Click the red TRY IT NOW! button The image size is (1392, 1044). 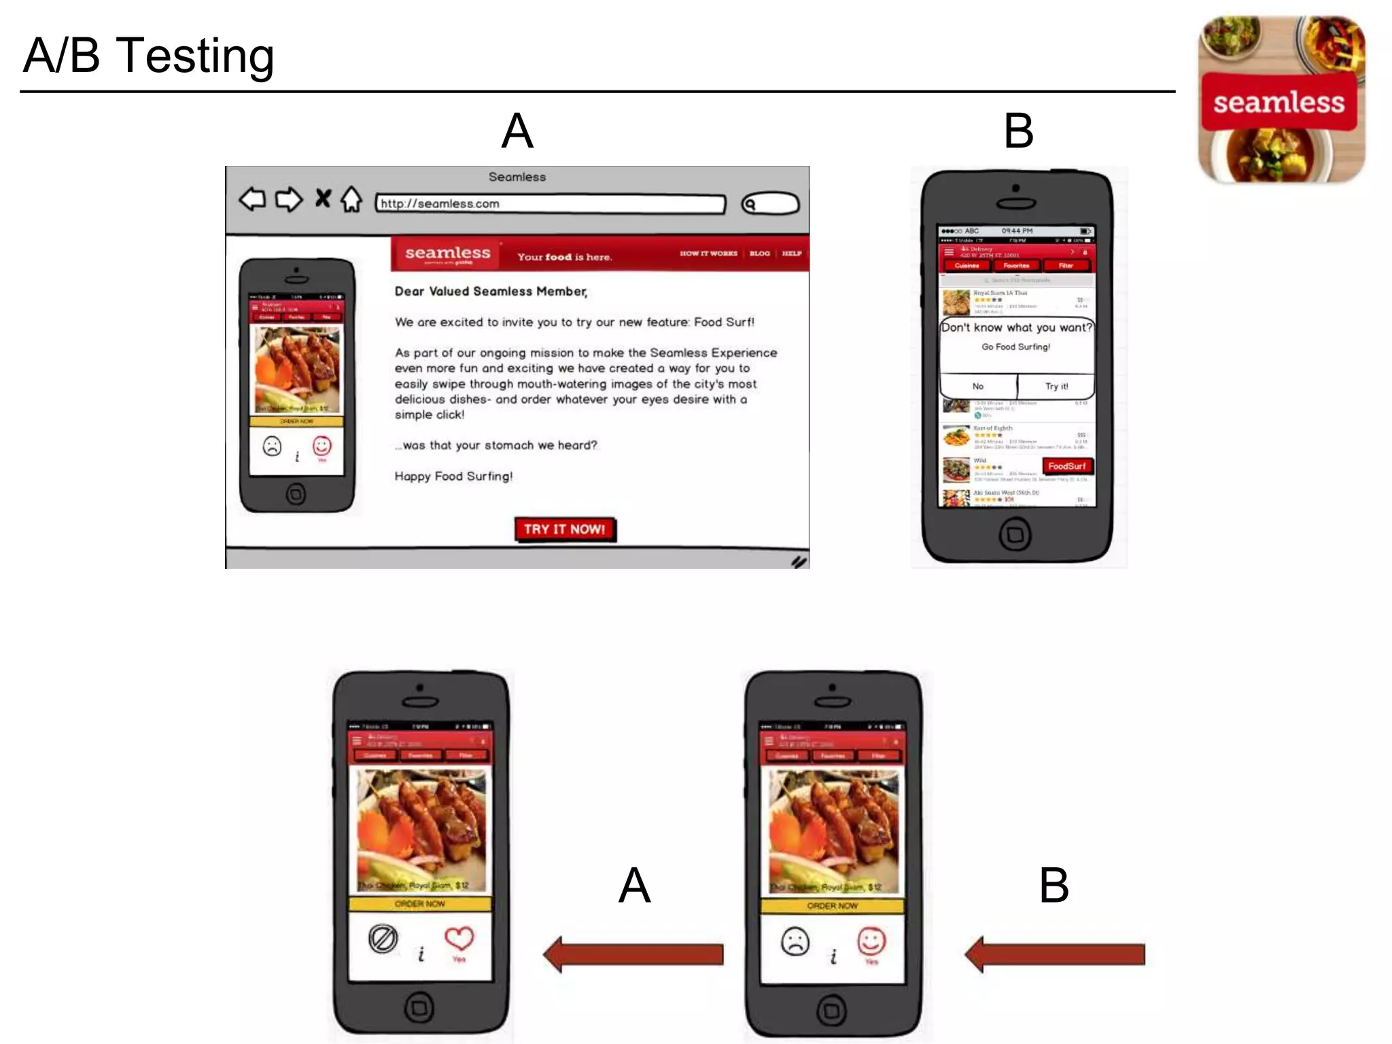click(x=565, y=529)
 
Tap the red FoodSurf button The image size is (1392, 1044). click(x=1066, y=466)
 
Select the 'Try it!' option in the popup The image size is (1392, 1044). click(x=1056, y=386)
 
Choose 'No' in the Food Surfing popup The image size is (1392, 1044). click(x=977, y=386)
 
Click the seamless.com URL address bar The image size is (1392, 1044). click(x=551, y=203)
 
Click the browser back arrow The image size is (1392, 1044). click(x=252, y=199)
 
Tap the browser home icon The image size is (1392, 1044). click(x=351, y=199)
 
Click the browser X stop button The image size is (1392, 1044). click(x=323, y=198)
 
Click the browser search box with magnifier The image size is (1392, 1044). click(x=770, y=203)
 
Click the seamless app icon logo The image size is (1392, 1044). click(x=1281, y=99)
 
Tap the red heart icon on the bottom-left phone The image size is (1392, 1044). click(x=459, y=939)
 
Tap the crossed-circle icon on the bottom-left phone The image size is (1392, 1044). click(x=383, y=939)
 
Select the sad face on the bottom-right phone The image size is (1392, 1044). click(x=795, y=941)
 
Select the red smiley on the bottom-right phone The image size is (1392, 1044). click(x=871, y=941)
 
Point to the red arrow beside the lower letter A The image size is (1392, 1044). click(x=633, y=954)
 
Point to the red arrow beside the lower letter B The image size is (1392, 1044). click(x=1055, y=954)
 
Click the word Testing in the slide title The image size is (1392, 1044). click(x=195, y=56)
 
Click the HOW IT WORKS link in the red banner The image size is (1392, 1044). click(x=708, y=254)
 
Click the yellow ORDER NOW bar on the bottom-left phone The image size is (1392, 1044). click(x=420, y=904)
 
